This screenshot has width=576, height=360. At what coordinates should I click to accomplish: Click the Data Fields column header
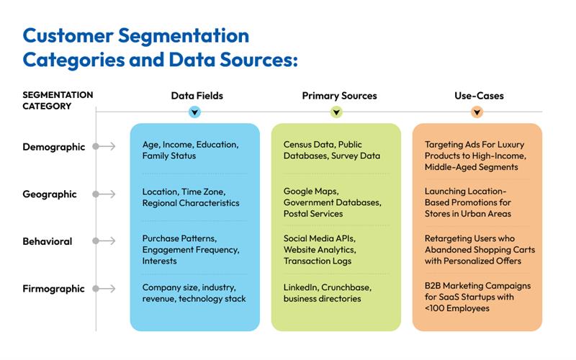197,95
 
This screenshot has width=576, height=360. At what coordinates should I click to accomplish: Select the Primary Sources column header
339,95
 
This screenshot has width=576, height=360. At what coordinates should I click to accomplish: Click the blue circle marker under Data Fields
194,112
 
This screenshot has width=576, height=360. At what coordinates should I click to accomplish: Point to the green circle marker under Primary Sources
336,112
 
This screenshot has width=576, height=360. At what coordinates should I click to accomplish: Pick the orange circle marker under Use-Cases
477,112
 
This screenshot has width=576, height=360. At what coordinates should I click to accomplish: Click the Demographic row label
54,147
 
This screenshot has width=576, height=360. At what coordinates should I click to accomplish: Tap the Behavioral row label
48,242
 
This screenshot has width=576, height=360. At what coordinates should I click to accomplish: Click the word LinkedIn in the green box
301,286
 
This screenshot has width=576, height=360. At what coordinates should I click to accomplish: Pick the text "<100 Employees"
458,309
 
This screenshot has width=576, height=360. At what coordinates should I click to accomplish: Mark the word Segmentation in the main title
181,36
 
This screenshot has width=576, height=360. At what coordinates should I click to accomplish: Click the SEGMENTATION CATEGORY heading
58,100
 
